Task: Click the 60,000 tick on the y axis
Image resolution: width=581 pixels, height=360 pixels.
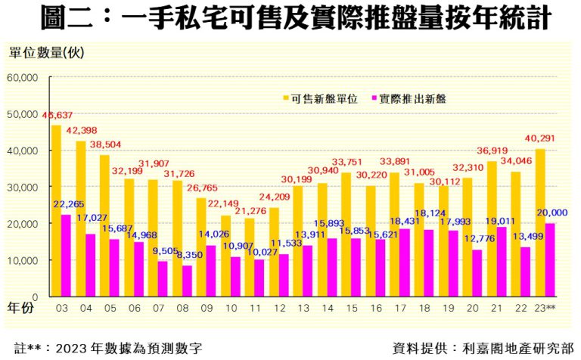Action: pyautogui.click(x=23, y=77)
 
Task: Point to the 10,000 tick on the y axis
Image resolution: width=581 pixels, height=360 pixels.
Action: pyautogui.click(x=23, y=260)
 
